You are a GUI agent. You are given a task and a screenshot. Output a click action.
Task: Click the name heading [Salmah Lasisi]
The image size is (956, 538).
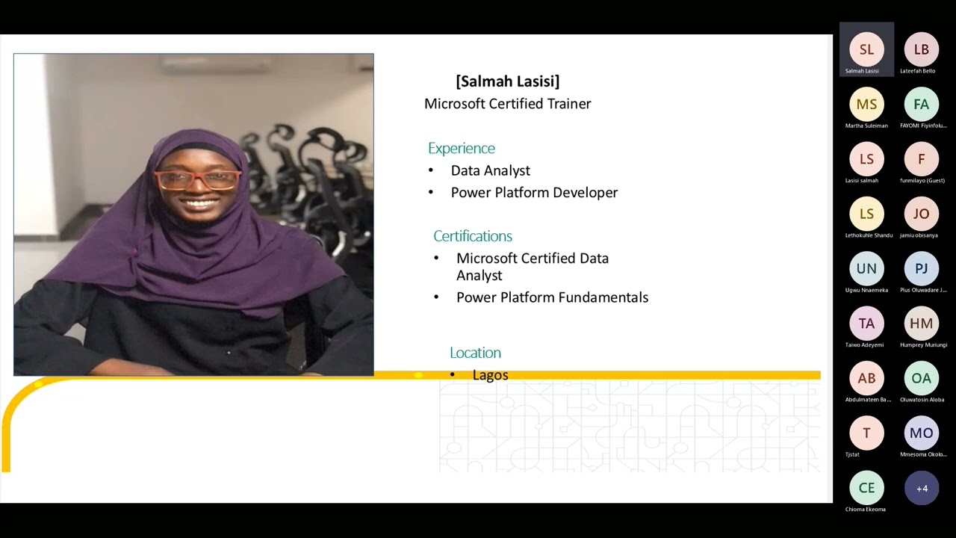pyautogui.click(x=507, y=81)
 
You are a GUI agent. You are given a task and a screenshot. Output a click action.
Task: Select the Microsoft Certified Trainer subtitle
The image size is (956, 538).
pyautogui.click(x=507, y=104)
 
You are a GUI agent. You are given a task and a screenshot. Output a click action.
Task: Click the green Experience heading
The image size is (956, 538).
pyautogui.click(x=462, y=148)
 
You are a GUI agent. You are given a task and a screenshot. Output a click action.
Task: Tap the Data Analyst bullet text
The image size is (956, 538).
pyautogui.click(x=490, y=170)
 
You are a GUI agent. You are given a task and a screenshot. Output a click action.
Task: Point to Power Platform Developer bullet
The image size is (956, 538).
pyautogui.click(x=534, y=193)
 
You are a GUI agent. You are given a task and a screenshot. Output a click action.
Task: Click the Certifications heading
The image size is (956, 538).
pyautogui.click(x=473, y=236)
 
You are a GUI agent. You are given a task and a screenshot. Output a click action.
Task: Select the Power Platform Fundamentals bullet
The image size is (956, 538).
pyautogui.click(x=552, y=297)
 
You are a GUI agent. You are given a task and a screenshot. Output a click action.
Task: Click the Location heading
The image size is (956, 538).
pyautogui.click(x=475, y=353)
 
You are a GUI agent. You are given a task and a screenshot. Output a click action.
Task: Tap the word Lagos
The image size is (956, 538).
pyautogui.click(x=490, y=375)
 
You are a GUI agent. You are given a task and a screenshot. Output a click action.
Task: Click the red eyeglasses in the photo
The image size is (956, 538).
pyautogui.click(x=198, y=179)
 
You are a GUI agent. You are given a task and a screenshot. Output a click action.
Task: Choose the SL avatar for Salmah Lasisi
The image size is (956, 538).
pyautogui.click(x=866, y=49)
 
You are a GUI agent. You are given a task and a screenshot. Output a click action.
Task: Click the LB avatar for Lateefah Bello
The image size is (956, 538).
pyautogui.click(x=921, y=49)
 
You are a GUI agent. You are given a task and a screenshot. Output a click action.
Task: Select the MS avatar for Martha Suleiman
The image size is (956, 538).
pyautogui.click(x=866, y=105)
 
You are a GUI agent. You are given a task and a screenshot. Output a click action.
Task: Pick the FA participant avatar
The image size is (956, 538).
pyautogui.click(x=921, y=105)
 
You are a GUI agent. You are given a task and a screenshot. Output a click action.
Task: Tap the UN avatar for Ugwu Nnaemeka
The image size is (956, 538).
pyautogui.click(x=866, y=268)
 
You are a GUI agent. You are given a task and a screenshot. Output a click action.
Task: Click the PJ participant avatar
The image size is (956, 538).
pyautogui.click(x=921, y=268)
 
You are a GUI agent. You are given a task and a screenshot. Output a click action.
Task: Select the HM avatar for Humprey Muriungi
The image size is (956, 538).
pyautogui.click(x=921, y=324)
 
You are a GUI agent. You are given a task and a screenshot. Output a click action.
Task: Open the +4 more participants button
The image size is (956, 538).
pyautogui.click(x=922, y=488)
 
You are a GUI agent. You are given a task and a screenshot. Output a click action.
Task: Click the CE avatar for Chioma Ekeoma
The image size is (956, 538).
pyautogui.click(x=866, y=488)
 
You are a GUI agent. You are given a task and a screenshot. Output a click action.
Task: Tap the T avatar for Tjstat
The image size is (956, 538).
pyautogui.click(x=866, y=433)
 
